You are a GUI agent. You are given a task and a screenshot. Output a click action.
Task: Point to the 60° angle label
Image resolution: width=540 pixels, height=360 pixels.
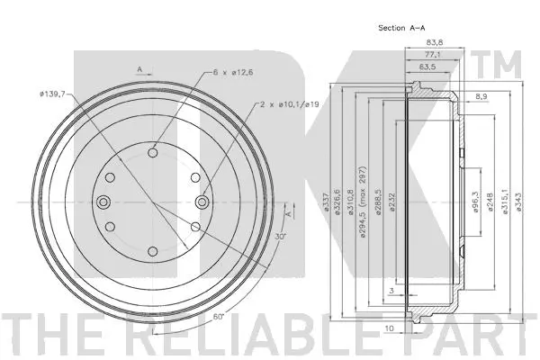click(x=220, y=319)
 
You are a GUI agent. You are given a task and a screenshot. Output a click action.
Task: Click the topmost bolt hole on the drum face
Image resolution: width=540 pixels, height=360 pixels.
click(x=152, y=154)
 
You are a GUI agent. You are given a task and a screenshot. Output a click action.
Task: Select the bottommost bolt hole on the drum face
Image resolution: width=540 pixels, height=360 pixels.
click(x=152, y=250)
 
